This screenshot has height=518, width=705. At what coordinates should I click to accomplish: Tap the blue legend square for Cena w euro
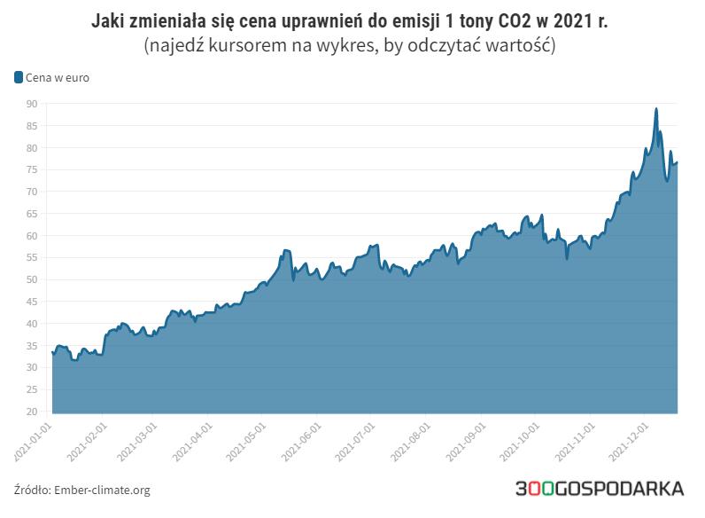[x=19, y=77]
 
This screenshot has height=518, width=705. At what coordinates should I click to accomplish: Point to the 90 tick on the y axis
[x=31, y=104]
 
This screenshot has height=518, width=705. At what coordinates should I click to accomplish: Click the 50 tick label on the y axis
[x=31, y=279]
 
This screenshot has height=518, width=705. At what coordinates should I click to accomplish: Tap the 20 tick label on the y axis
[x=31, y=412]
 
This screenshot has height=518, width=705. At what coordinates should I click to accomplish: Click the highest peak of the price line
[x=656, y=108]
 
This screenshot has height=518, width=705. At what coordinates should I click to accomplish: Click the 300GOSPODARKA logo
[x=600, y=489]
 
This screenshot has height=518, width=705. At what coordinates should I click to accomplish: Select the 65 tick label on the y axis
[x=31, y=214]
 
